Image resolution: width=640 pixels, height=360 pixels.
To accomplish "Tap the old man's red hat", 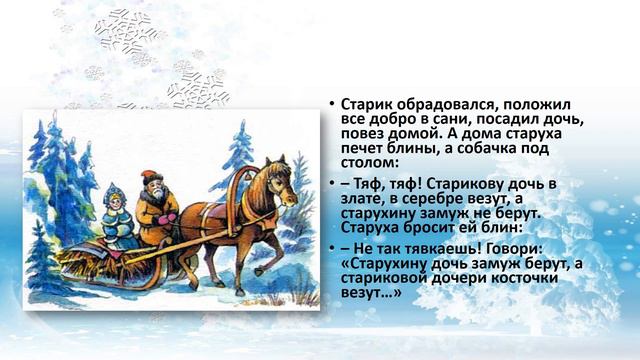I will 150,175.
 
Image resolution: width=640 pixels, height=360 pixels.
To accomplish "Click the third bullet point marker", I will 332,246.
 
